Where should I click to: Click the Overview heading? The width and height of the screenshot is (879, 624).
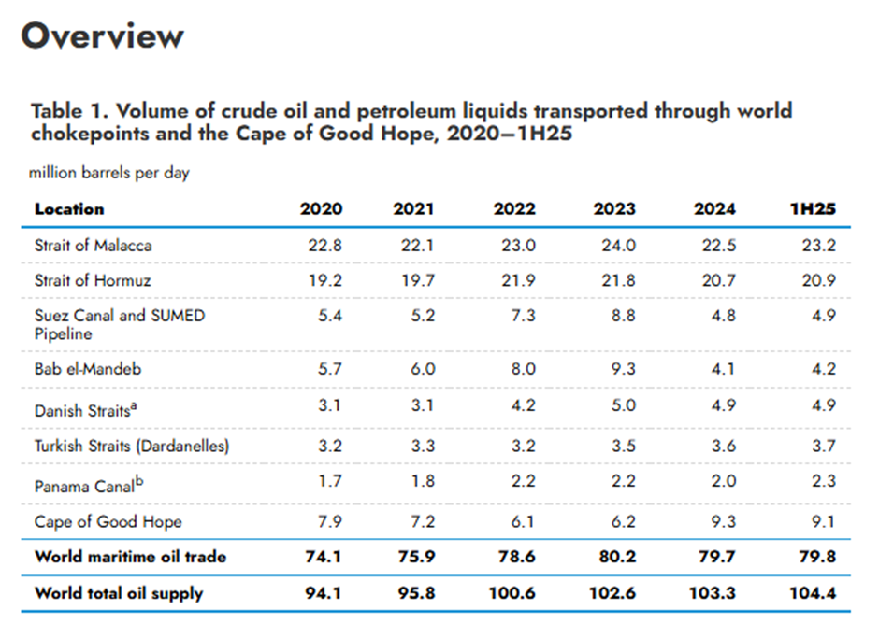(x=103, y=35)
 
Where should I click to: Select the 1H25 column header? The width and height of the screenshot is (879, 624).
(x=813, y=209)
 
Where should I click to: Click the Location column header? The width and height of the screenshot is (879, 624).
(x=69, y=209)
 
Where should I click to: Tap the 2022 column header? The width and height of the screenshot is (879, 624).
(x=514, y=209)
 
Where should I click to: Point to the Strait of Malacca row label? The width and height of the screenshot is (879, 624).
(x=94, y=246)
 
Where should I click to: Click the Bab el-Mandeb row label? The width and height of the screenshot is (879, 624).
(x=88, y=369)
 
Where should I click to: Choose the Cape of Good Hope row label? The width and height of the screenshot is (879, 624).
(x=108, y=521)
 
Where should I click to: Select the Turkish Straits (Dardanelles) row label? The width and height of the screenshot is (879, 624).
(x=132, y=446)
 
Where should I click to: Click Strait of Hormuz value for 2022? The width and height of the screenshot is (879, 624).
(x=518, y=280)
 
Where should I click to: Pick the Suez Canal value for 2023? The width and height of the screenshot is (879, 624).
(x=624, y=316)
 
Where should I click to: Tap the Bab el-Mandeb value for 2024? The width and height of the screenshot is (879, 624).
(x=723, y=369)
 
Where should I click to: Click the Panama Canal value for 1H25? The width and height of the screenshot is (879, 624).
(x=824, y=480)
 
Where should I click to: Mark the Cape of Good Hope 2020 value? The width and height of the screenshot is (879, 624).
(x=329, y=521)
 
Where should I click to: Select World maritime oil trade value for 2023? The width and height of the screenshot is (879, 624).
(x=616, y=557)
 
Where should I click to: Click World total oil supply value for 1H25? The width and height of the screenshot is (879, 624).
(x=813, y=592)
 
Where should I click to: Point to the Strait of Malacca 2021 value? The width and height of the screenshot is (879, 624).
(x=417, y=246)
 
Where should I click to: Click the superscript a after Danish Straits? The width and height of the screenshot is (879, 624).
(x=134, y=406)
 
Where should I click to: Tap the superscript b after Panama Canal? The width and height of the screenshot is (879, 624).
(x=139, y=481)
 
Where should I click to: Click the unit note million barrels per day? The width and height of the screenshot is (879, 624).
(x=109, y=173)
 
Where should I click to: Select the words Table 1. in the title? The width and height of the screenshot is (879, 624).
(x=69, y=111)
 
